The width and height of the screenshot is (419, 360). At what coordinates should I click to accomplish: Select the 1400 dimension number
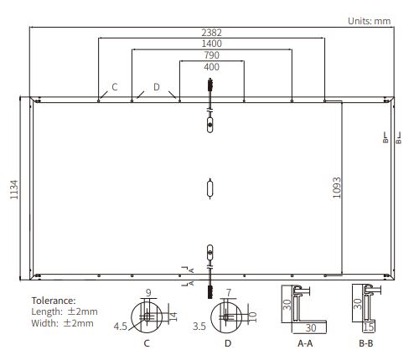210,43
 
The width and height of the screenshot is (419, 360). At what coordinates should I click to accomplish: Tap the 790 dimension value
210,54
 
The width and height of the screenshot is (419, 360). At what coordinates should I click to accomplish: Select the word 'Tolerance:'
54,300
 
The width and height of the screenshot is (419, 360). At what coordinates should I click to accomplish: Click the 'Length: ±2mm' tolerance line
64,311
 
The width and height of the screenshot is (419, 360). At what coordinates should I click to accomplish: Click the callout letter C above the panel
115,86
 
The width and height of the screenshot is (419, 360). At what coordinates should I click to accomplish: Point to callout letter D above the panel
156,86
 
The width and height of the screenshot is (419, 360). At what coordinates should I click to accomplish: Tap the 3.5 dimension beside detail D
199,327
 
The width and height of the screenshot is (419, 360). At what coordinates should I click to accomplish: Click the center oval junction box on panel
210,189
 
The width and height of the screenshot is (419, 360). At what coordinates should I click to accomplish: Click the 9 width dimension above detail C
147,292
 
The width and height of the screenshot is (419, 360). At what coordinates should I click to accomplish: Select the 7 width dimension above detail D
227,292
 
